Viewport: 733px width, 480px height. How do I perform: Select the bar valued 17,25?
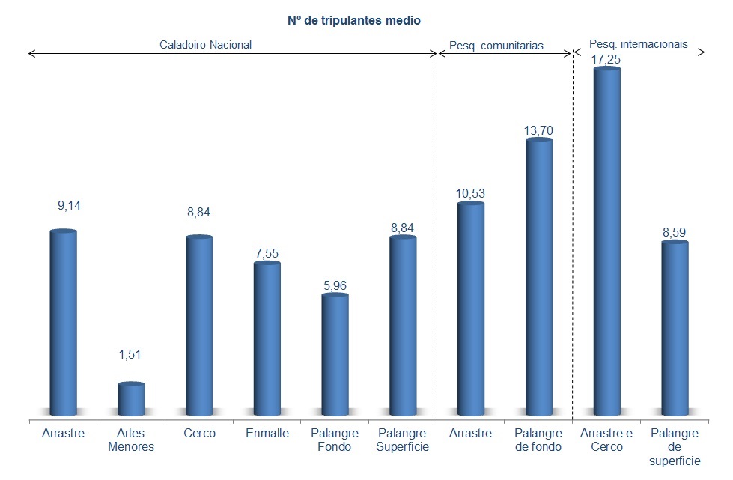606,240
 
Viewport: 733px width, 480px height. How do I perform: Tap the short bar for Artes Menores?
131,399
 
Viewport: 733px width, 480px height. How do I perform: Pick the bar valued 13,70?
539,277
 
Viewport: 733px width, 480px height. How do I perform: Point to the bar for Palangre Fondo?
335,355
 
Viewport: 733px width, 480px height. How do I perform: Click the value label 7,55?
267,253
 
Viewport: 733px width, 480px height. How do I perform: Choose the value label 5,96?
335,285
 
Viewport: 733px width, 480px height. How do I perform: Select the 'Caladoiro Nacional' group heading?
206,45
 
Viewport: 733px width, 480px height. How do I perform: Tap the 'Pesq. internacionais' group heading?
639,44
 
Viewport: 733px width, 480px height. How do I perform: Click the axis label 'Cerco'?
199,434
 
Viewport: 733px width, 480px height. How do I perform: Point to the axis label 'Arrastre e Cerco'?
606,440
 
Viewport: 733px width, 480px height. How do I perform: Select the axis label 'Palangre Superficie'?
403,440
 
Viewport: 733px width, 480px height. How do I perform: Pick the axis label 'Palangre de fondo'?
539,440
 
